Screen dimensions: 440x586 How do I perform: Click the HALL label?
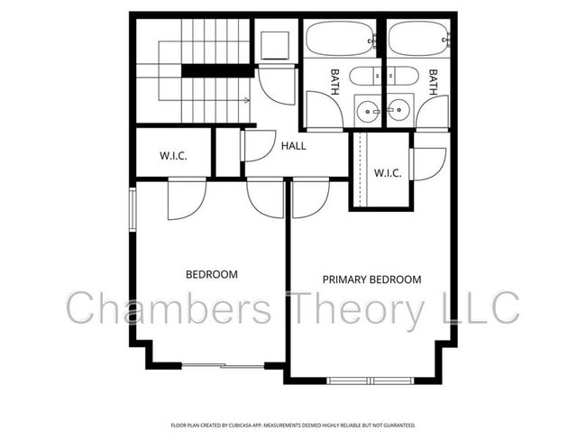coord(294,145)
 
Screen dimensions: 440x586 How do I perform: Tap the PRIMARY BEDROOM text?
coord(371,280)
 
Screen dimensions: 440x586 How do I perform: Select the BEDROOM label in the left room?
coord(211,274)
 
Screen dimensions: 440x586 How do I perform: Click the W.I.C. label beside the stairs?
coord(173,155)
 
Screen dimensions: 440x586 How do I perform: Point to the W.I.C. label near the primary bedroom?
coord(388,172)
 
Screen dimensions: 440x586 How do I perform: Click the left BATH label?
coord(334,82)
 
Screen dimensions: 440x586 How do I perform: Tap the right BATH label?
coord(433,82)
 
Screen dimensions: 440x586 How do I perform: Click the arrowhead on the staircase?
coord(247,100)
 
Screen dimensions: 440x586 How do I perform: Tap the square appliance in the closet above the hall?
coord(275,44)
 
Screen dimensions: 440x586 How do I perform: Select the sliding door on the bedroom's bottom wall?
coord(224,365)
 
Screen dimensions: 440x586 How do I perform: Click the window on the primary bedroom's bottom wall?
coord(370,380)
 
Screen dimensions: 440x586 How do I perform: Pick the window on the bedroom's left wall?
coord(133,209)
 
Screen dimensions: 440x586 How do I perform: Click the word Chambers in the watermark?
coord(169,308)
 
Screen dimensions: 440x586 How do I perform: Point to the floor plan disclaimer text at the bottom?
coord(293,424)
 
